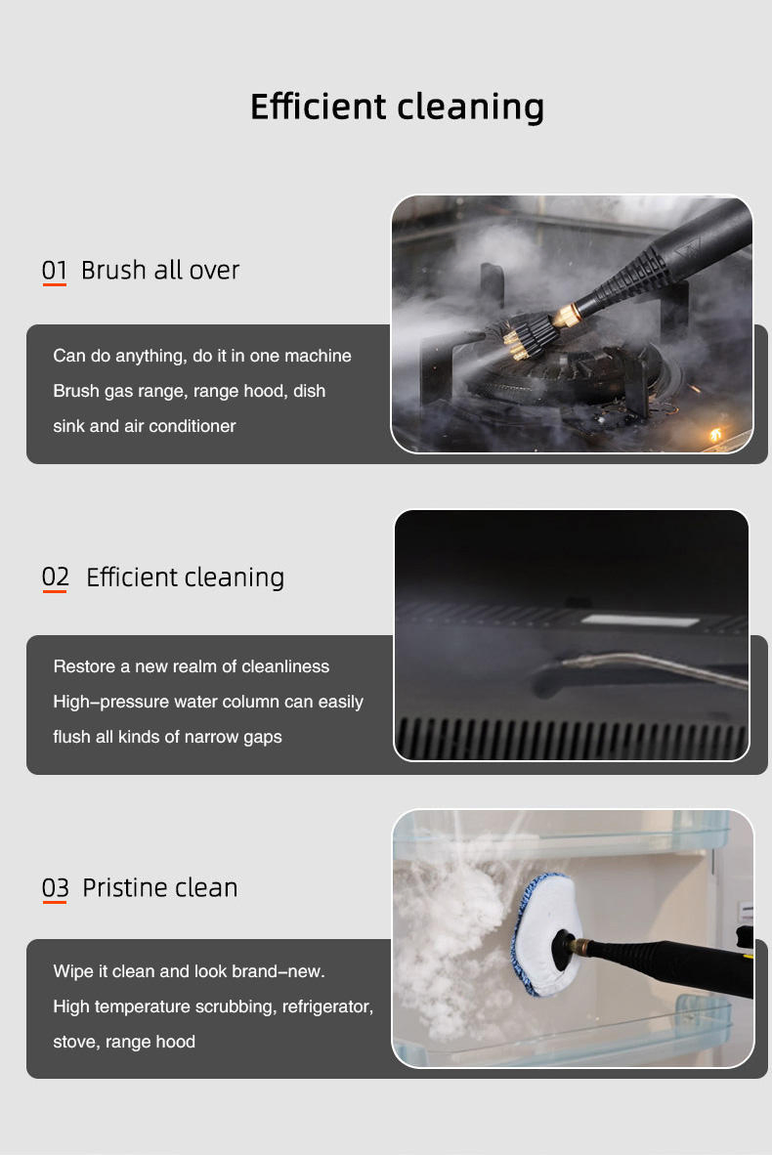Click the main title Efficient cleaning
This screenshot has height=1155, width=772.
click(397, 107)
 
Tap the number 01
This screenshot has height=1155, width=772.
click(55, 271)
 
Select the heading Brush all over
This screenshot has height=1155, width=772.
click(160, 271)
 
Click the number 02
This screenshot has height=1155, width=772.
click(56, 577)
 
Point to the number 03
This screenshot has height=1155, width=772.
click(56, 887)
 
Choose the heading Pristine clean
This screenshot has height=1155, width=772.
click(160, 887)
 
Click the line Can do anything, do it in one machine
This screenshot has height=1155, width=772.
click(202, 356)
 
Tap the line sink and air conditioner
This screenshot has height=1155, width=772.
click(145, 426)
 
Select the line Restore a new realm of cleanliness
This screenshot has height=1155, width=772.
click(192, 666)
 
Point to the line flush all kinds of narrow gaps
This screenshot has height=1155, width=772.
click(167, 737)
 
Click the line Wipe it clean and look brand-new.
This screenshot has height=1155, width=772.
click(189, 971)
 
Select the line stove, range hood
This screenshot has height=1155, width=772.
click(124, 1042)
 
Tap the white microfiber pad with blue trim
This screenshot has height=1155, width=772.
click(546, 934)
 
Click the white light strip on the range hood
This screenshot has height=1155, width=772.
click(639, 620)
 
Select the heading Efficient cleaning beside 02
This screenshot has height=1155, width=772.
click(185, 577)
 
